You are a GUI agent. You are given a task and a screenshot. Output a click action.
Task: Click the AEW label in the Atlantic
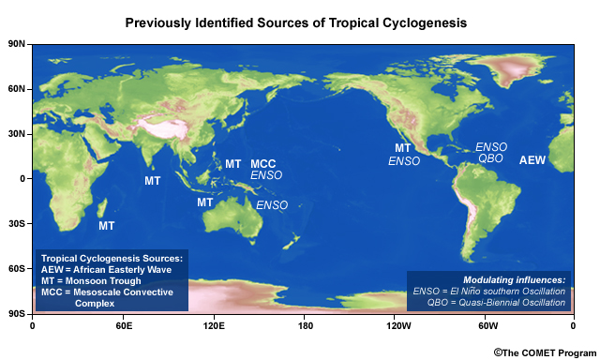(x=532, y=161)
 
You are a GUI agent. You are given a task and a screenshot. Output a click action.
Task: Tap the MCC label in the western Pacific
(x=262, y=164)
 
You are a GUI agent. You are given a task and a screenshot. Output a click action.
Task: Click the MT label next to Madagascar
(x=107, y=226)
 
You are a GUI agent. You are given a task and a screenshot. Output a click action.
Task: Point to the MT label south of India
(x=152, y=180)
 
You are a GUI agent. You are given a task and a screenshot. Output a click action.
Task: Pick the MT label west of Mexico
(x=403, y=148)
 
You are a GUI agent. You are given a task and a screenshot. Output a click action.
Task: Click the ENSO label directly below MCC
(x=266, y=176)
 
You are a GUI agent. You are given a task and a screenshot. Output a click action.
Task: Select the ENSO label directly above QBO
(x=491, y=147)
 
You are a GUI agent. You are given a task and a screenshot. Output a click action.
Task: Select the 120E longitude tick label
(x=214, y=325)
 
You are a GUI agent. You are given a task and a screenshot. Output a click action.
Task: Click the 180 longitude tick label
(x=305, y=325)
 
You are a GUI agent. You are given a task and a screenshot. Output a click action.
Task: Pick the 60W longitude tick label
(x=485, y=325)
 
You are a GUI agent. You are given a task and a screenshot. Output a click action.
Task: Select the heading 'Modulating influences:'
(x=515, y=280)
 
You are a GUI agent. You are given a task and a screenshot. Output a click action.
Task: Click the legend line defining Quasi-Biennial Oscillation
(x=489, y=303)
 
